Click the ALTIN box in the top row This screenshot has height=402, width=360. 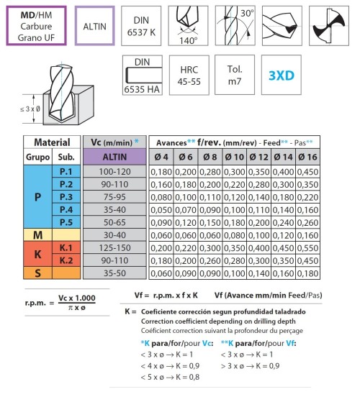click(95, 26)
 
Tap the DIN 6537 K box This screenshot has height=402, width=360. click(141, 26)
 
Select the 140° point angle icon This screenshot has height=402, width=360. click(188, 26)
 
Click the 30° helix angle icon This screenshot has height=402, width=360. click(235, 26)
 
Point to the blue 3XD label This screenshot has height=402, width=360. click(282, 76)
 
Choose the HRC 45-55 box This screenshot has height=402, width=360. click(189, 76)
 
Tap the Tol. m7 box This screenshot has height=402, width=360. click(235, 75)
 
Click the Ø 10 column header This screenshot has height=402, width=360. click(235, 157)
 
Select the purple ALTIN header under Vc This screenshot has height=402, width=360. click(114, 157)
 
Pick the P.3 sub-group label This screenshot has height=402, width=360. click(66, 197)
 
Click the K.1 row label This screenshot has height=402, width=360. click(66, 247)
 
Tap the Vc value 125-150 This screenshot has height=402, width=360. click(114, 247)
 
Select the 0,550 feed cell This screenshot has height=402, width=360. click(307, 248)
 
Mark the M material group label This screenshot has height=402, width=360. click(37, 235)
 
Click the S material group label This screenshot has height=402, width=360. click(37, 273)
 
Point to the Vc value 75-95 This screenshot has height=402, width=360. click(114, 197)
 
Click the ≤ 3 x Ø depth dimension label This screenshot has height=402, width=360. click(30, 109)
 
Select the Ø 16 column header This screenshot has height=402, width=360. click(307, 157)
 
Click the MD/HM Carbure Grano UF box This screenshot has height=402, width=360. click(37, 26)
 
